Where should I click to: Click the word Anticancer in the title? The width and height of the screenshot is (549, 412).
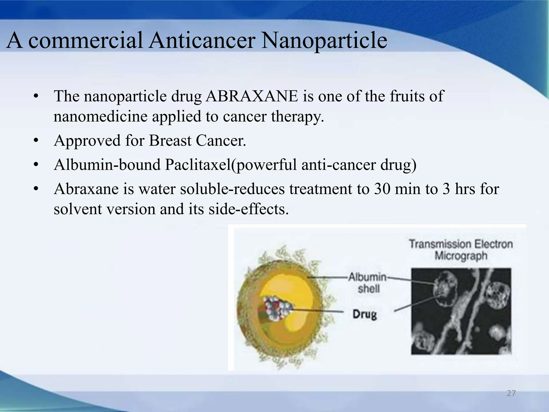tap(202, 41)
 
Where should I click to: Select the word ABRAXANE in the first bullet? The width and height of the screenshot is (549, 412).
tap(252, 96)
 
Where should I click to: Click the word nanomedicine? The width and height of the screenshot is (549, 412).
tap(101, 117)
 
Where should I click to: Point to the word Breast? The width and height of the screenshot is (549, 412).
tap(170, 141)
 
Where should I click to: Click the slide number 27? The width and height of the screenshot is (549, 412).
tap(511, 393)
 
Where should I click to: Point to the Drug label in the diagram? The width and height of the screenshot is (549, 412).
tap(365, 314)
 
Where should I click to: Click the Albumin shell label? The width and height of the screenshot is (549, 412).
tap(368, 283)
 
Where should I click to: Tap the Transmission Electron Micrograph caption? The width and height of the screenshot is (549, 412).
tap(461, 249)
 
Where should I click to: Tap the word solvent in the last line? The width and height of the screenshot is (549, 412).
tap(78, 209)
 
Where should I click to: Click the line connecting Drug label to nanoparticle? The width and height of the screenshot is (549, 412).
tap(319, 311)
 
